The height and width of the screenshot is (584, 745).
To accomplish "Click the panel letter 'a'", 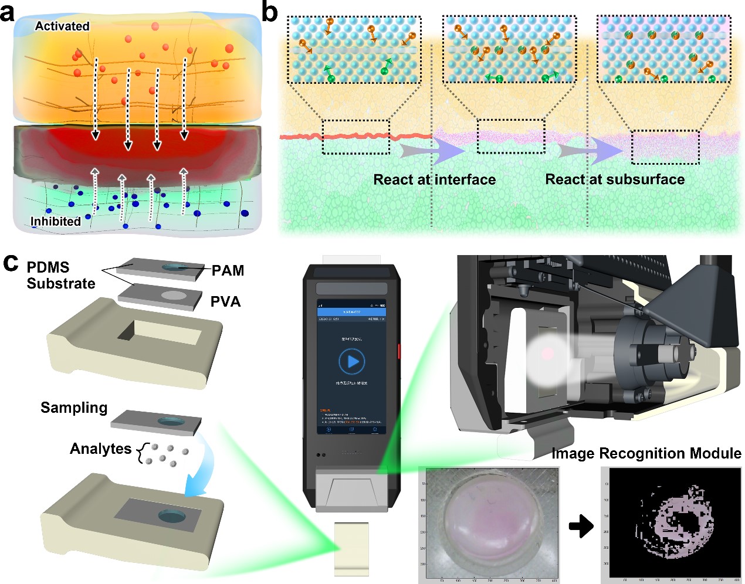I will [x=8, y=12].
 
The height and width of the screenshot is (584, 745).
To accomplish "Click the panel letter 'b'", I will [x=269, y=12].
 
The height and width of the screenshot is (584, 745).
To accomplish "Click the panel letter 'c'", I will [x=11, y=263].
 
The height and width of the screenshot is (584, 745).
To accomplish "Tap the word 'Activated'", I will [x=62, y=26].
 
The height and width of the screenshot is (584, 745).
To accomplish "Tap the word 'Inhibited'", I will [x=56, y=222].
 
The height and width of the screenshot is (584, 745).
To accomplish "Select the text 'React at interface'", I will [x=435, y=180].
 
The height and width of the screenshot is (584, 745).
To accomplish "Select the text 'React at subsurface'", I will [x=615, y=179].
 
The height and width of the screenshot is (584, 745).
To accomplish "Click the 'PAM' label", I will [x=228, y=270].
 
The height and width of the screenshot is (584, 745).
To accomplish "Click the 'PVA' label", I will [x=226, y=302].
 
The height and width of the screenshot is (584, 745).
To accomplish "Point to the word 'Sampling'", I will [x=74, y=408].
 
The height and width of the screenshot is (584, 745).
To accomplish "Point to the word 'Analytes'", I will [x=100, y=449].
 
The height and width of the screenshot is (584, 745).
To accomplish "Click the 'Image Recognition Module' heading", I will [x=646, y=453].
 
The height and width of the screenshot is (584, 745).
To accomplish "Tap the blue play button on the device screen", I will [x=352, y=361].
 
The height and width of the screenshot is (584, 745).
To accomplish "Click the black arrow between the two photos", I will [x=581, y=526].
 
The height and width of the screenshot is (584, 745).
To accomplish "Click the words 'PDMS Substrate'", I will [x=60, y=276].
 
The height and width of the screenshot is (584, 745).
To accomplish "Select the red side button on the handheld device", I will [x=399, y=351].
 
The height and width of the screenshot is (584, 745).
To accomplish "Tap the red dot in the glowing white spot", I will [x=547, y=354].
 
